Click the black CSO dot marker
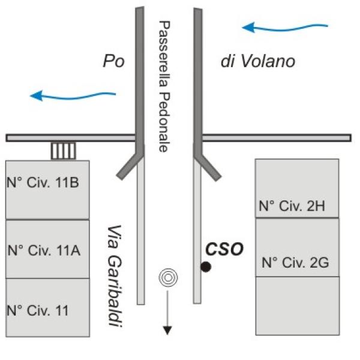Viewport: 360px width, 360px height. coord(206,267)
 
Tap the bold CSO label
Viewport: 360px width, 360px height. coord(224,248)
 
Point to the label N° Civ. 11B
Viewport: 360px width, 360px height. coord(43,182)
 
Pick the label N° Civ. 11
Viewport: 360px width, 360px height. coord(37,310)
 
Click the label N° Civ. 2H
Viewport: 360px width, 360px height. coord(292,206)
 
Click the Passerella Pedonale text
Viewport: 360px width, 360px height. coord(162,86)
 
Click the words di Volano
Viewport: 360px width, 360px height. coord(257,61)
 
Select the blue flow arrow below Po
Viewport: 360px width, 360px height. coord(72,94)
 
